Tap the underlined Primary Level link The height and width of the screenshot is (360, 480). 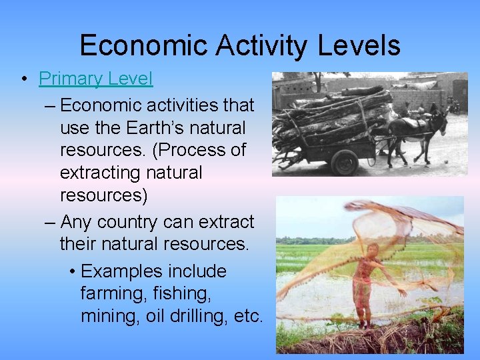(95, 79)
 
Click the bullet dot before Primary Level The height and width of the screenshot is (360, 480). (23, 79)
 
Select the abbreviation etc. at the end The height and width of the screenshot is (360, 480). (249, 316)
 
